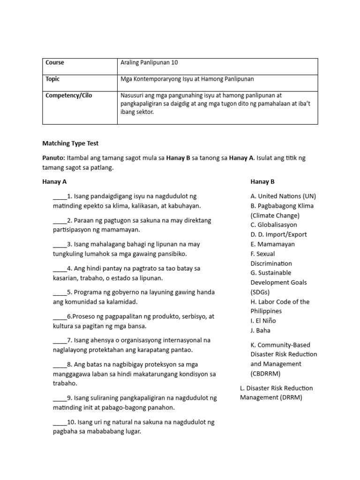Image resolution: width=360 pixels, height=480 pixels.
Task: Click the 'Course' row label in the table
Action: pyautogui.click(x=55, y=63)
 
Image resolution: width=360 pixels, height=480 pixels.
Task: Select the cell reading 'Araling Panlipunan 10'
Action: pyautogui.click(x=149, y=63)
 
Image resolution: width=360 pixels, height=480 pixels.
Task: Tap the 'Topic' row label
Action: pyautogui.click(x=53, y=79)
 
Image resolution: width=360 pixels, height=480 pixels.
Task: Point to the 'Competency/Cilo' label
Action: pyautogui.click(x=69, y=96)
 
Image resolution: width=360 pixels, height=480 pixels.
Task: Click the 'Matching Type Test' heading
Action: pyautogui.click(x=71, y=143)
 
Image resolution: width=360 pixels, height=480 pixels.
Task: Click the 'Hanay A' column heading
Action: pyautogui.click(x=57, y=182)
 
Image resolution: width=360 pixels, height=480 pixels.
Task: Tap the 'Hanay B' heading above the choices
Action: pyautogui.click(x=262, y=182)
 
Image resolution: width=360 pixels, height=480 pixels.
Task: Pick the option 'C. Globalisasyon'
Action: pyautogui.click(x=274, y=225)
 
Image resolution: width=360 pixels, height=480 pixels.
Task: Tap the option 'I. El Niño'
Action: pyautogui.click(x=263, y=321)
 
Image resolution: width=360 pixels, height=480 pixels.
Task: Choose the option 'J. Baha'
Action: pyautogui.click(x=261, y=330)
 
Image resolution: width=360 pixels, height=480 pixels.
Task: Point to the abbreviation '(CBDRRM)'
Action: pyautogui.click(x=266, y=374)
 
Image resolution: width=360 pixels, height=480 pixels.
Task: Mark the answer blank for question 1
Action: pyautogui.click(x=60, y=196)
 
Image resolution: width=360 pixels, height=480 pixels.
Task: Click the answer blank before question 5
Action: pyautogui.click(x=60, y=292)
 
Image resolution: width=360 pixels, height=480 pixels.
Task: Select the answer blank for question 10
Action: pyautogui.click(x=60, y=422)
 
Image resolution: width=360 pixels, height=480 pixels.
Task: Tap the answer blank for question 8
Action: pyautogui.click(x=60, y=364)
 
